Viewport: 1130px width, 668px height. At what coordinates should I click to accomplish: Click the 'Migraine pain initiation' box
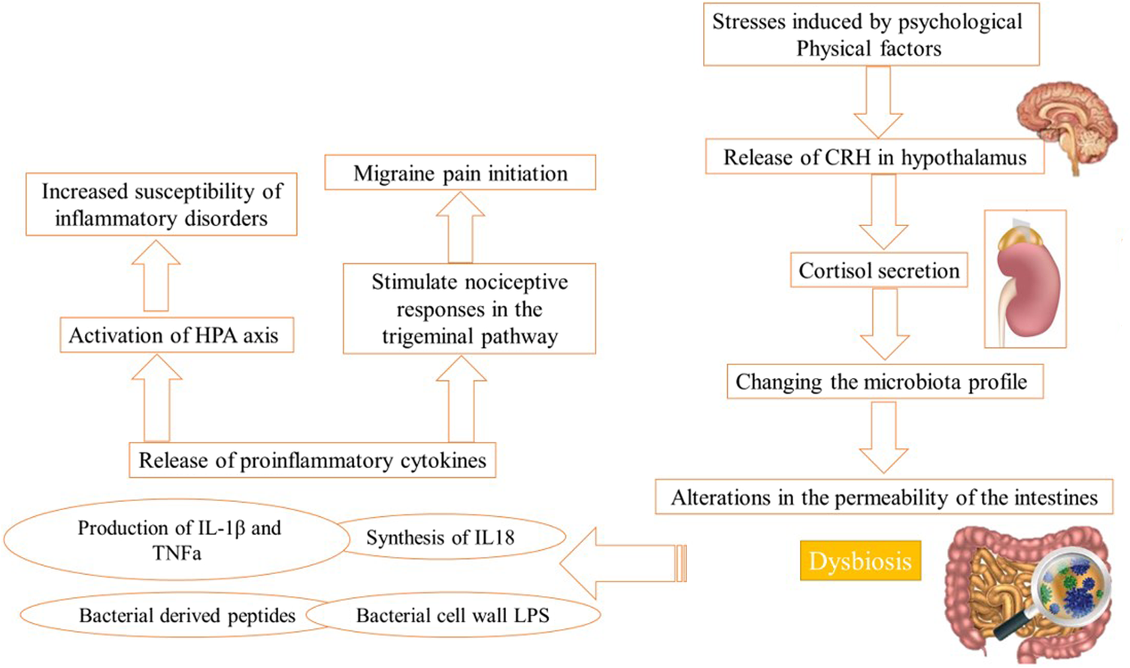click(460, 173)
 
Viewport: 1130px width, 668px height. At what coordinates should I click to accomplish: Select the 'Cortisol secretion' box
click(878, 271)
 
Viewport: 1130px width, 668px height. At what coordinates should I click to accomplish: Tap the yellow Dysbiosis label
click(860, 561)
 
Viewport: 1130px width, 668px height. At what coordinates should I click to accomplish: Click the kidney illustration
click(1027, 282)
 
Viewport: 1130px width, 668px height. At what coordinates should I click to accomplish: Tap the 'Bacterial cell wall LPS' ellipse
click(453, 615)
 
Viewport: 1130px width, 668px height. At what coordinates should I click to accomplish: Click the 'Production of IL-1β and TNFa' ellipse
click(177, 540)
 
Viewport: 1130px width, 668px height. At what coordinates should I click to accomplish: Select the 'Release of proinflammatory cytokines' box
click(312, 460)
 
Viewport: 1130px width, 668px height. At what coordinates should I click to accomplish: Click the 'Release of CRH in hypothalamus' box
click(874, 158)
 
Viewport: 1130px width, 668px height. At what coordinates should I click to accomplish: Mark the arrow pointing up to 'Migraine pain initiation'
click(460, 225)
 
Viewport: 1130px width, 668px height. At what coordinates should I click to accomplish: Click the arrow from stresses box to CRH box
click(877, 101)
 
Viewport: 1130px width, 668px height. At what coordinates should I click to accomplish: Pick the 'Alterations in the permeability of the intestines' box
click(883, 497)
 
